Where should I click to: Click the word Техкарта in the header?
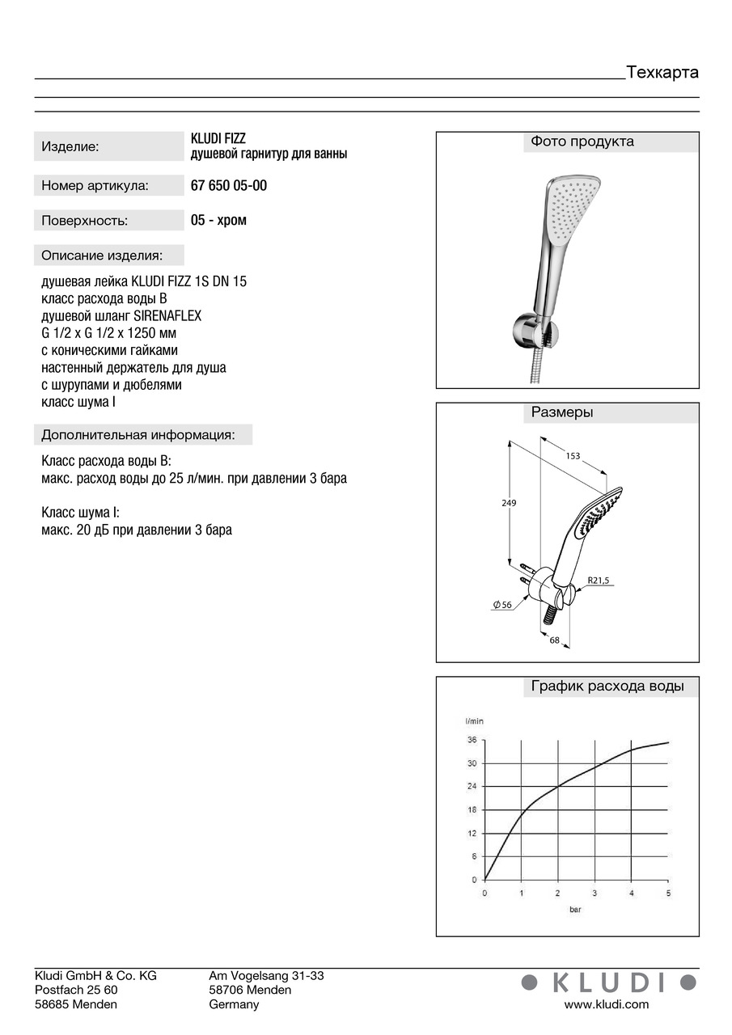pyautogui.click(x=662, y=72)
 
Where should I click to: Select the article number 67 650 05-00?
pyautogui.click(x=229, y=185)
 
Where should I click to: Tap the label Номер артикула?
pyautogui.click(x=95, y=186)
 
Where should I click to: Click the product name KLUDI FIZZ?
pyautogui.click(x=218, y=139)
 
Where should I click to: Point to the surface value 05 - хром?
pyautogui.click(x=219, y=220)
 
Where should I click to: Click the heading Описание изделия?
pyautogui.click(x=102, y=256)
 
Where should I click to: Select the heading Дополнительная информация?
pyautogui.click(x=138, y=435)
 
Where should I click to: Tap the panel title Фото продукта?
pyautogui.click(x=582, y=142)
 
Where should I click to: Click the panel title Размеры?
pyautogui.click(x=562, y=412)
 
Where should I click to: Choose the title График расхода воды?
pyautogui.click(x=607, y=686)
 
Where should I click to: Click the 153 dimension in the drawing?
pyautogui.click(x=573, y=456)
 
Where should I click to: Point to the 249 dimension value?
pyautogui.click(x=509, y=503)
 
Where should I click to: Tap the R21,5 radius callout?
pyautogui.click(x=598, y=580)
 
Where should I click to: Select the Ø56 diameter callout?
pyautogui.click(x=502, y=605)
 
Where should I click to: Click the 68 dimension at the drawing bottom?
pyautogui.click(x=555, y=640)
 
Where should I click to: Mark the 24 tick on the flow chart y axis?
pyautogui.click(x=472, y=786)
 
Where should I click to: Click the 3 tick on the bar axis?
pyautogui.click(x=594, y=893)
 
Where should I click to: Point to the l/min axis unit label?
pyautogui.click(x=475, y=720)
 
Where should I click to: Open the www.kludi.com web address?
pyautogui.click(x=607, y=1004)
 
